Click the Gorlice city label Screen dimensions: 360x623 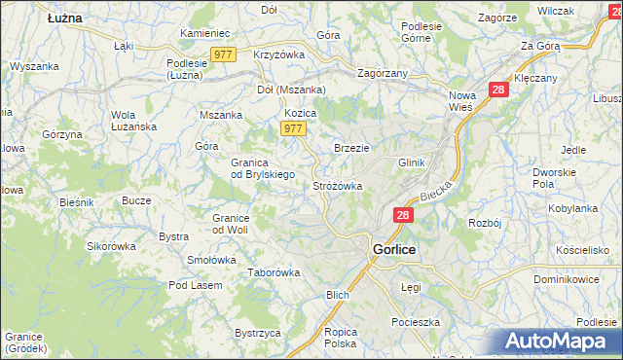pyautogui.click(x=394, y=249)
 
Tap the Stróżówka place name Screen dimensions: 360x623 pyautogui.click(x=338, y=185)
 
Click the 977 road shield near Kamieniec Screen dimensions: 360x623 pyautogui.click(x=224, y=54)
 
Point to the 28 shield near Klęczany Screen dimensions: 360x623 pyautogui.click(x=498, y=90)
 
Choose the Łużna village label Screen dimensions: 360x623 pyautogui.click(x=64, y=18)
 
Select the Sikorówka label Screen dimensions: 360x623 pyautogui.click(x=112, y=246)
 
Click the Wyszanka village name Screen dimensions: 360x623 pyautogui.click(x=35, y=66)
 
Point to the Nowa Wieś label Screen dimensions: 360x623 pyautogui.click(x=462, y=101)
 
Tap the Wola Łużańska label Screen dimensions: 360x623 pyautogui.click(x=133, y=121)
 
